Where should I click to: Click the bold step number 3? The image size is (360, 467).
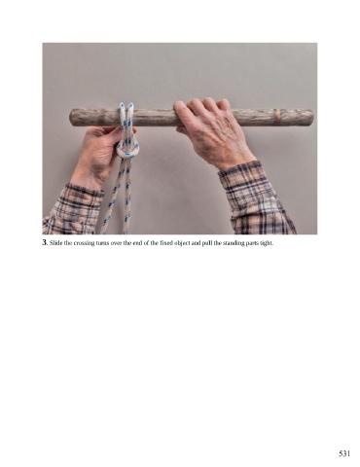click(45, 242)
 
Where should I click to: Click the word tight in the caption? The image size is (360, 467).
click(267, 243)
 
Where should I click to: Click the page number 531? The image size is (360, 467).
click(343, 453)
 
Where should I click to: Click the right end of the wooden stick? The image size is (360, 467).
click(312, 118)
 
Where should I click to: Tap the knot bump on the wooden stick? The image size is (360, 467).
click(277, 114)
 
